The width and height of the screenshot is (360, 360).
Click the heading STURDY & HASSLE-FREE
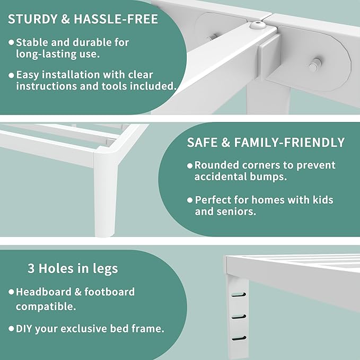coord(82,20)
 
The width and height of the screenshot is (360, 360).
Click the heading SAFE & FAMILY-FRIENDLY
coord(266,143)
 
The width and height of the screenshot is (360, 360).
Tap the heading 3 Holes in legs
coord(73,268)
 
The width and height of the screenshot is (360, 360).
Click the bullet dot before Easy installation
coord(11,74)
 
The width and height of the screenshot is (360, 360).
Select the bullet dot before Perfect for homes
coord(189,200)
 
